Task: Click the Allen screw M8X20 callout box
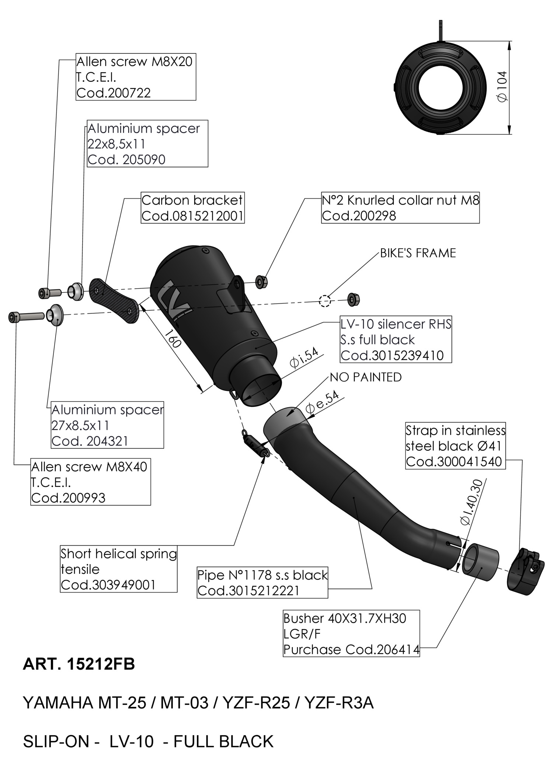(x=136, y=77)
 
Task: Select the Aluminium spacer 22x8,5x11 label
(x=147, y=144)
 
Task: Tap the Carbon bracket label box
(x=192, y=208)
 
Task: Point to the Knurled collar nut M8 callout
(x=400, y=208)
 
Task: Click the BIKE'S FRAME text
(x=418, y=253)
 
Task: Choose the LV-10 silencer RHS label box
(x=396, y=339)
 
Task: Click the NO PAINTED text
(x=366, y=377)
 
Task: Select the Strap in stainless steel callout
(x=455, y=446)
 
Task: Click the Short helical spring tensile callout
(x=118, y=569)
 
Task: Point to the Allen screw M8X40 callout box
(x=90, y=482)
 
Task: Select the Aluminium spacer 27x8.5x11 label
(x=107, y=425)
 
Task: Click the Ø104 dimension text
(x=503, y=87)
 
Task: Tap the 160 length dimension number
(x=173, y=338)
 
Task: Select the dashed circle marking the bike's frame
(x=325, y=301)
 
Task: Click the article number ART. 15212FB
(x=79, y=675)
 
